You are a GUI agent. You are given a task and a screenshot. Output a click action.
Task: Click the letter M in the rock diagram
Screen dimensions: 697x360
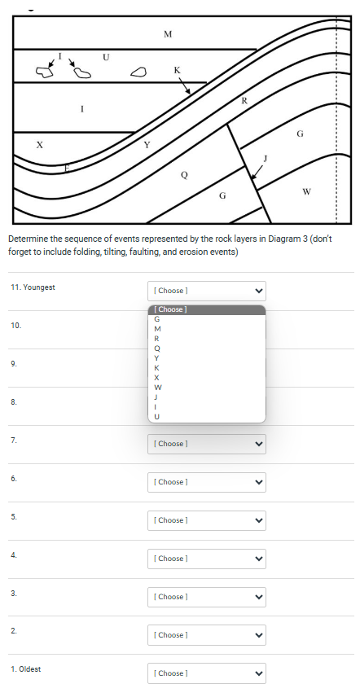[168, 34]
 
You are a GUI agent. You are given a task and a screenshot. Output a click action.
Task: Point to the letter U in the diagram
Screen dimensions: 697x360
[105, 57]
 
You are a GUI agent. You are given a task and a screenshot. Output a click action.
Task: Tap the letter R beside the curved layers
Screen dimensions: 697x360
[244, 101]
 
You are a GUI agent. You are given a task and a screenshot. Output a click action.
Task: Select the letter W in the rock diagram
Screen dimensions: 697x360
[306, 192]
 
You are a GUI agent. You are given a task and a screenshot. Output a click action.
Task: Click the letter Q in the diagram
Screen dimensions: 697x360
[184, 174]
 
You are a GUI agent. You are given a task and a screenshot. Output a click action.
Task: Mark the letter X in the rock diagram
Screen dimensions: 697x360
[39, 144]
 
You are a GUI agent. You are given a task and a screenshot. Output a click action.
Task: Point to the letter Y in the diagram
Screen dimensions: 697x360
[147, 145]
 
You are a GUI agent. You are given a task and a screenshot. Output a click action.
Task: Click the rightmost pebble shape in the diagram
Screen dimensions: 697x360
[139, 72]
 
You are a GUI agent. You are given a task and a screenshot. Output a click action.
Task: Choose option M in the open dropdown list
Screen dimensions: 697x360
[157, 328]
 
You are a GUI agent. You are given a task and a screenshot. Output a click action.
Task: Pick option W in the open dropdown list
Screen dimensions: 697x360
[157, 388]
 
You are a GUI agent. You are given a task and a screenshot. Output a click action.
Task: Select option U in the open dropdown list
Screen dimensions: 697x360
[157, 417]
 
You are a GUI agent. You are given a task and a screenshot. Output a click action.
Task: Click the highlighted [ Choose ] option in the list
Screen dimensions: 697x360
[207, 309]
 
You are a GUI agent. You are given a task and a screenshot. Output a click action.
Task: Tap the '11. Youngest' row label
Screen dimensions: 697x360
[33, 287]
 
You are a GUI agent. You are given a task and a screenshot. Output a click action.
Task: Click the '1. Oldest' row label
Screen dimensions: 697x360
[26, 669]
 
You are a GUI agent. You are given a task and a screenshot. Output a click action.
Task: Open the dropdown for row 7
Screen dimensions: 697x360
[207, 444]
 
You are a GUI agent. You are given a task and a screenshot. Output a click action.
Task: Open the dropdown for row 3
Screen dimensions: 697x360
[207, 597]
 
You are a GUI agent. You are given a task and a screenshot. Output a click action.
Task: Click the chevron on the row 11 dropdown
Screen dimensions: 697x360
[259, 291]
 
